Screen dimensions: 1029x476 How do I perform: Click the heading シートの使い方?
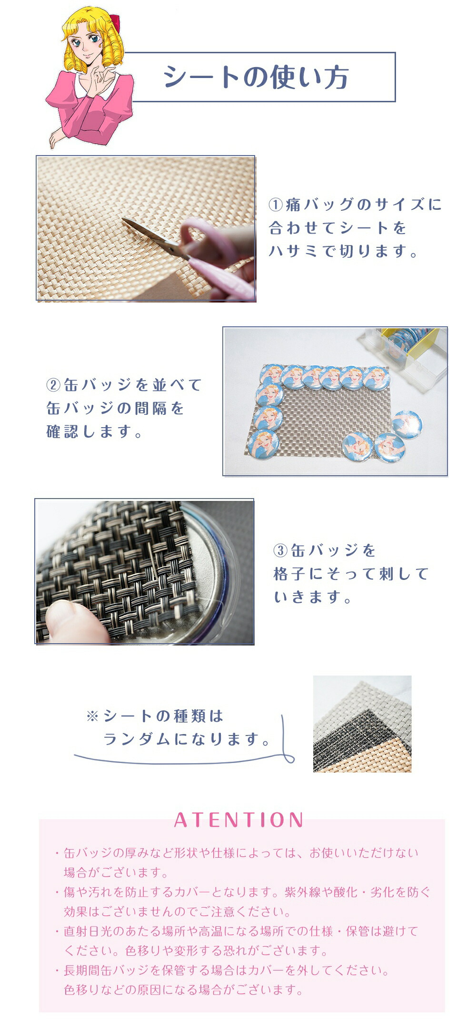coord(256,77)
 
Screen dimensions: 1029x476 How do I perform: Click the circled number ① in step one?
coord(276,205)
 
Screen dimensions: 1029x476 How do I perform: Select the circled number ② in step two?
coord(53,385)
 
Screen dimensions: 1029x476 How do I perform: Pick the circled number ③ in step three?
coord(280,550)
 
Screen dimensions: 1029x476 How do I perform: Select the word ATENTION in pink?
coord(239,819)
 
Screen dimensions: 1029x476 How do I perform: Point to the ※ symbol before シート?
coord(92,716)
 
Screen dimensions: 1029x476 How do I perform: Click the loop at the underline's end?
coord(288,756)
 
